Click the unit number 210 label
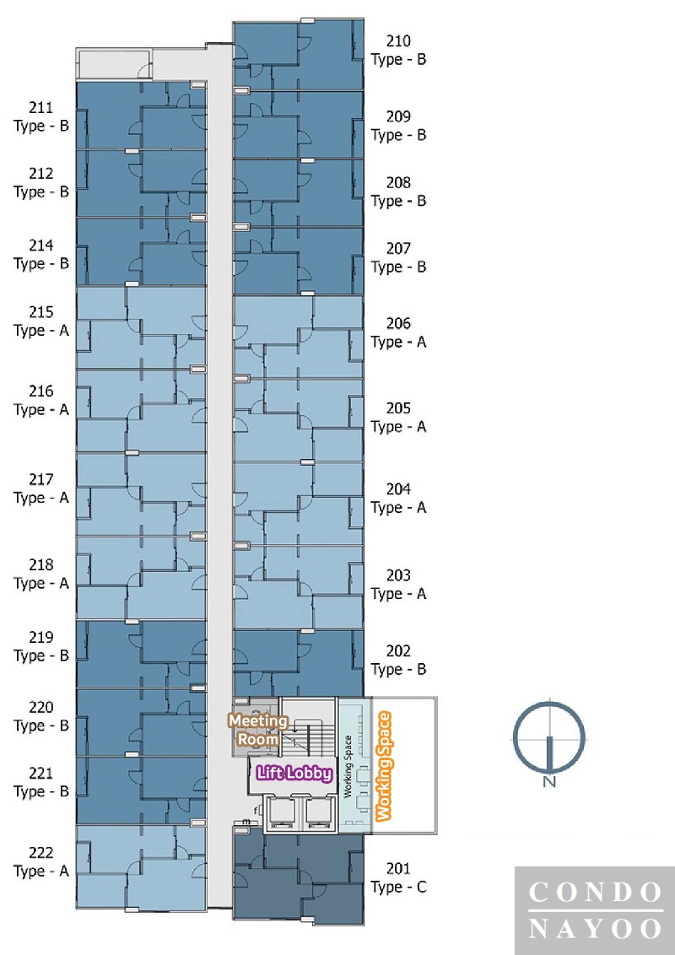pos(398,40)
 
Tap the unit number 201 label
pos(398,868)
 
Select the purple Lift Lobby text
pos(294,773)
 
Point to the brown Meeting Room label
pos(258,730)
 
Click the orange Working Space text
pos(383,766)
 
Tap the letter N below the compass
pos(549,781)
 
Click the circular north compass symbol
pos(549,735)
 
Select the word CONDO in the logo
pos(595,893)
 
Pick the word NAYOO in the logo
pos(595,929)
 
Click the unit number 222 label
pos(40,853)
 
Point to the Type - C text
pos(399,888)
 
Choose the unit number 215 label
pos(40,312)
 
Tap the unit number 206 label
pos(398,323)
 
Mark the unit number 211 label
pos(40,108)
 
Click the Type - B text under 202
pos(399,669)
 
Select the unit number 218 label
pos(40,564)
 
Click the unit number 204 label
pos(398,489)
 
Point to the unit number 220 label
pos(40,707)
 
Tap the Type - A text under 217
pos(41,499)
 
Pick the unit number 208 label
pos(398,182)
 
